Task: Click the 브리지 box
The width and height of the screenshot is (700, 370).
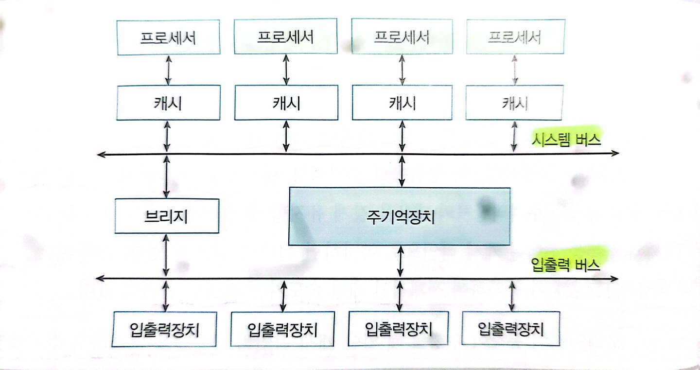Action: click(x=166, y=216)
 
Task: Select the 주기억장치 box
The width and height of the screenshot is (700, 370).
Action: click(x=400, y=216)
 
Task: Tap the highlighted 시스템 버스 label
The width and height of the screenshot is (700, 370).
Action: click(x=566, y=140)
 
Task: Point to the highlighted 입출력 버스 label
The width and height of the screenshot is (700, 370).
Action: click(x=566, y=265)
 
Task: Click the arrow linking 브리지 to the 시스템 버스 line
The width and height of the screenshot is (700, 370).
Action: click(x=167, y=176)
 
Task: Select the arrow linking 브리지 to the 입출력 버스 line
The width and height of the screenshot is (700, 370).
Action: click(x=166, y=256)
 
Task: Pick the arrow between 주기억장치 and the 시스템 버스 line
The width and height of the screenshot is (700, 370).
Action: click(x=402, y=171)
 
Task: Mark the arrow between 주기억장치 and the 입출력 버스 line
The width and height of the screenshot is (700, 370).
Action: click(x=400, y=262)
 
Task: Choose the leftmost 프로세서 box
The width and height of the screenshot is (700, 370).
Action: click(x=168, y=37)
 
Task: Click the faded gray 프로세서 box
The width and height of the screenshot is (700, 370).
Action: click(x=515, y=36)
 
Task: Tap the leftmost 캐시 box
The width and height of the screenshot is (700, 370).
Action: click(x=167, y=103)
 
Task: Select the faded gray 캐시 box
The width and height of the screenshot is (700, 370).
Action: click(x=514, y=103)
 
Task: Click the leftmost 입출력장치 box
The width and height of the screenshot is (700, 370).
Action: click(x=165, y=329)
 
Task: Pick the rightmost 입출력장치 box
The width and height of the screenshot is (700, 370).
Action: click(x=510, y=329)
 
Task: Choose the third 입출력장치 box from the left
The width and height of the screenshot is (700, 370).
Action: click(x=399, y=329)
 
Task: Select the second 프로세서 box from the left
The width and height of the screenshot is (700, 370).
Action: click(x=285, y=36)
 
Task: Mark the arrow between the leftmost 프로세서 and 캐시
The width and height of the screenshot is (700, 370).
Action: click(x=168, y=70)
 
